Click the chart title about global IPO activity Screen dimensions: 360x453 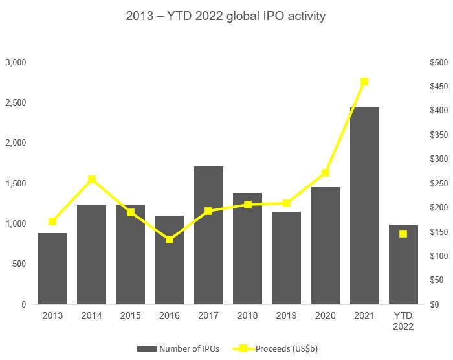tap(225, 16)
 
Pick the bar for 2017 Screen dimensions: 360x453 tap(208, 235)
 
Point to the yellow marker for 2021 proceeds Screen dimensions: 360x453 tap(364, 82)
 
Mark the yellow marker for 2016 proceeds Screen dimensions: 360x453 tap(170, 240)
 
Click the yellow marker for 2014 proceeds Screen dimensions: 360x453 tap(92, 179)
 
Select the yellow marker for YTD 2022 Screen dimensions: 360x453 tap(403, 234)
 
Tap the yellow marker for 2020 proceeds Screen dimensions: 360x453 tap(326, 173)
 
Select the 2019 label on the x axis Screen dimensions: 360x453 tap(286, 315)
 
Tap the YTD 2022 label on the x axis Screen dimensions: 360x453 tap(403, 321)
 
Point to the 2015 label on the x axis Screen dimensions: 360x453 tap(131, 315)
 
